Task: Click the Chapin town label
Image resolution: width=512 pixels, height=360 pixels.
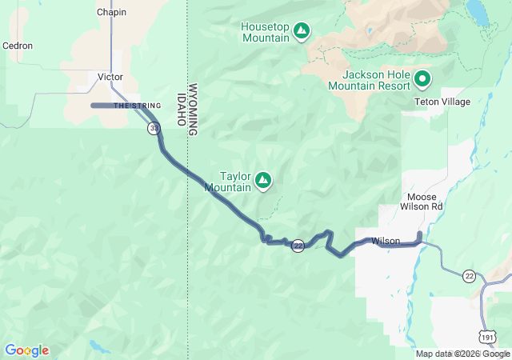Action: [x=111, y=13]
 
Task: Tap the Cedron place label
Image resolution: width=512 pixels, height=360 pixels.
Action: [x=18, y=46]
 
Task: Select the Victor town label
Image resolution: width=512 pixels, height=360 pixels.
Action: [x=110, y=77]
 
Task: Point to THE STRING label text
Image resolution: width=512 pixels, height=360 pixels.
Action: [x=132, y=106]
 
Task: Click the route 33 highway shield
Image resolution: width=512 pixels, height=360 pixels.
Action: [x=153, y=128]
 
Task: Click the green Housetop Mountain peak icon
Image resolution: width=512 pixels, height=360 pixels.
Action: [x=301, y=31]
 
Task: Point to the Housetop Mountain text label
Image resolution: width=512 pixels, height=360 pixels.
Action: [x=265, y=32]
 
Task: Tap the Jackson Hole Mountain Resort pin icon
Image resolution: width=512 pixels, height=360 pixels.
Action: [x=422, y=78]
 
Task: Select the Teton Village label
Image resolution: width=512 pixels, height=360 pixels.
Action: [x=442, y=102]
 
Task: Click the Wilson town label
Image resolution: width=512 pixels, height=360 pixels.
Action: [x=386, y=240]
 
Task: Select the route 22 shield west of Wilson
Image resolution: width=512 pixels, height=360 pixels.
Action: [x=298, y=246]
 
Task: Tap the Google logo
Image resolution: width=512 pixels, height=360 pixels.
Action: [x=26, y=350]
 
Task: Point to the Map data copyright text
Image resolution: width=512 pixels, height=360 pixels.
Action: [x=462, y=354]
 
